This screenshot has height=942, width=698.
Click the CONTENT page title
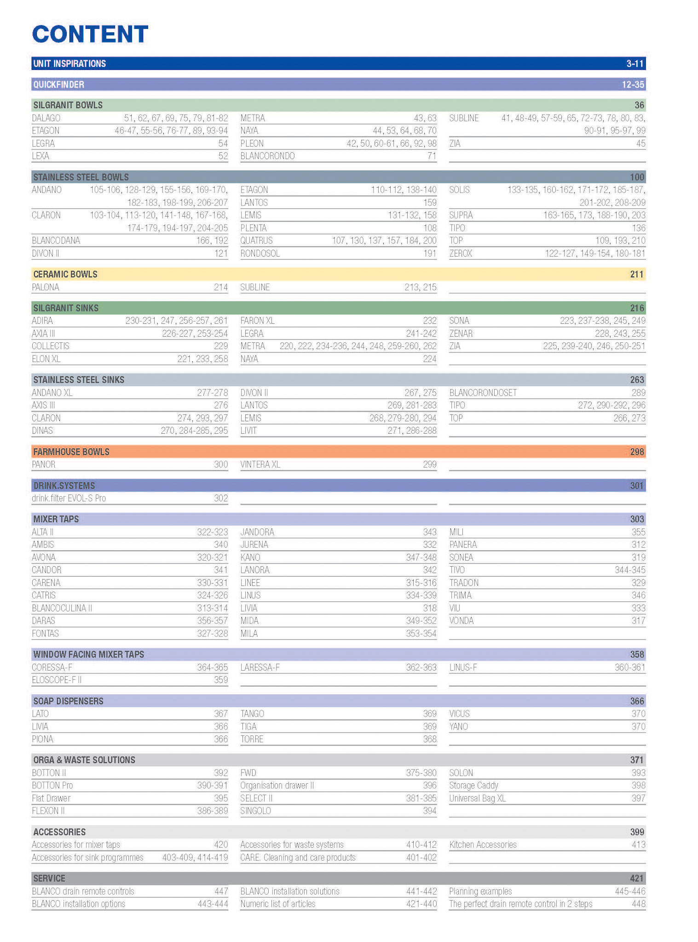tap(90, 34)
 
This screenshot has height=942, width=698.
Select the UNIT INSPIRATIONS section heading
tap(69, 63)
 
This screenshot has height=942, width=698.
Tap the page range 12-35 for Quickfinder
tap(633, 85)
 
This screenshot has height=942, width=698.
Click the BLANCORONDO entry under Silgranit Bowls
tap(267, 156)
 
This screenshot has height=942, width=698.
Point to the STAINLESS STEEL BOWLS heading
tap(81, 177)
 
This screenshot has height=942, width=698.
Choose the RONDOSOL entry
tap(260, 253)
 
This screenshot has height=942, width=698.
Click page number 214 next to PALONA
tap(221, 287)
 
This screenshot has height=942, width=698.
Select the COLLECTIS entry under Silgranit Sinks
tap(51, 346)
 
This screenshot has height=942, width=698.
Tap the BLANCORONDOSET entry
tap(483, 393)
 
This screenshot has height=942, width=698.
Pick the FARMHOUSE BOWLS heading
tap(71, 452)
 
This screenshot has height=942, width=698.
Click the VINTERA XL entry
tap(260, 465)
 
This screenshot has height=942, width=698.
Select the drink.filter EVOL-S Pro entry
tap(69, 498)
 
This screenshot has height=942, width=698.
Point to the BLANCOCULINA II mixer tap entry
tap(62, 608)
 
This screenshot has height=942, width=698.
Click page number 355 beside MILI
tap(638, 532)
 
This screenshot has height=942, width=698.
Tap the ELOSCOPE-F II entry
tap(57, 680)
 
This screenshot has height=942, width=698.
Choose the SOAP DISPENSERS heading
tap(68, 701)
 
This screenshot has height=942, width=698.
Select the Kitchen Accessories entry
tap(483, 844)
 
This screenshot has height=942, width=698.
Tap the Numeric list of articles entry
tap(278, 904)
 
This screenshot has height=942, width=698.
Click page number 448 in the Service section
tap(638, 904)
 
